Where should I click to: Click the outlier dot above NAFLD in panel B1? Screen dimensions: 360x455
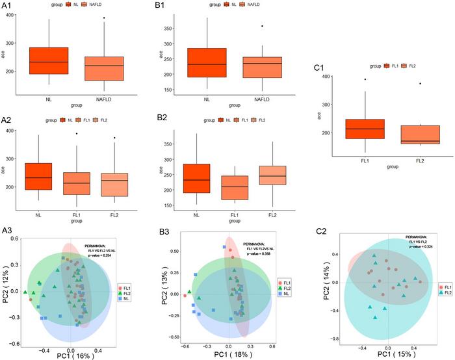[x=244, y=26]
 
